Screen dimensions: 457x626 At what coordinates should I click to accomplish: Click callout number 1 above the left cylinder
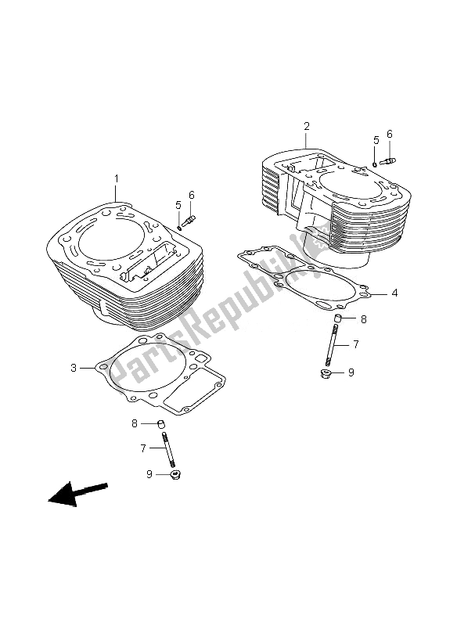coord(116,179)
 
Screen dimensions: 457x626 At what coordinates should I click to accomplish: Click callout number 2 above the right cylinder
coord(306,127)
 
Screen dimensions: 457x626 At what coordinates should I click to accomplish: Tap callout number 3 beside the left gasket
coord(74,368)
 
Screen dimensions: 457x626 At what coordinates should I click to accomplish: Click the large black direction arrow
coord(77,494)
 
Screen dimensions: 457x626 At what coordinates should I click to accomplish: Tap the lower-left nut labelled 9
coord(175,475)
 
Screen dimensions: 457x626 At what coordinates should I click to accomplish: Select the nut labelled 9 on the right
coord(326,374)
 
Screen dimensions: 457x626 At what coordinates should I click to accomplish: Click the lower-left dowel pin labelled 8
coord(161,423)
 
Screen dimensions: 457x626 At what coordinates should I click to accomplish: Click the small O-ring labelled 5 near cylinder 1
coord(179,228)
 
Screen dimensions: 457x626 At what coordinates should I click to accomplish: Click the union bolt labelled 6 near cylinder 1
coord(189,221)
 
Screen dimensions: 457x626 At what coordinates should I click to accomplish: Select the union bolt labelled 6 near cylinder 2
coord(387,161)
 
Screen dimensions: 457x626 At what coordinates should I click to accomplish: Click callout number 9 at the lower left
coord(149,474)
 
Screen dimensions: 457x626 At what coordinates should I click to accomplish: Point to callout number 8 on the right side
coord(363,319)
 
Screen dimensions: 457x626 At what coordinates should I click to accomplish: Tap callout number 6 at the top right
coord(389,134)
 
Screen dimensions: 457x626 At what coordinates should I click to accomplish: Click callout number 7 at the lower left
coord(143,448)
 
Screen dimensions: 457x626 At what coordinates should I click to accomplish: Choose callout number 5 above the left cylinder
coord(178,205)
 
